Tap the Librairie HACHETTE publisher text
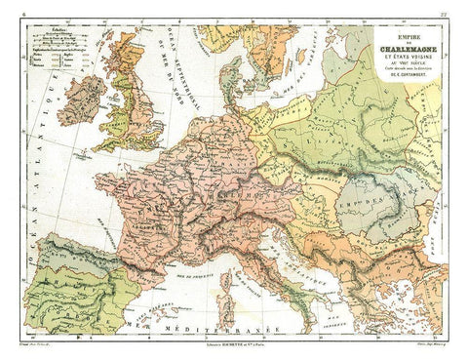pyautogui.click(x=234, y=349)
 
